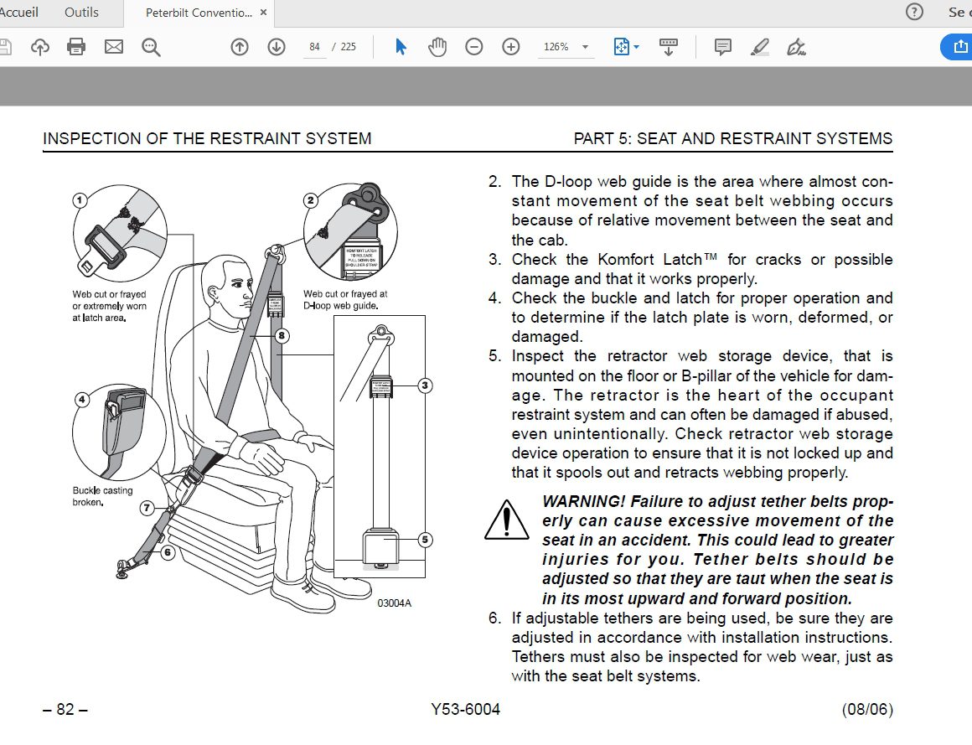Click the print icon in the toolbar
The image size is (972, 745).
pos(76,47)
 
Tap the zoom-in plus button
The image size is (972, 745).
pos(511,47)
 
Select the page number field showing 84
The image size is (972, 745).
pos(314,47)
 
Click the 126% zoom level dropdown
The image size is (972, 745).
pos(565,47)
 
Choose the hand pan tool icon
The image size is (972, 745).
pos(437,47)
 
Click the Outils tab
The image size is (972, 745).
pos(80,12)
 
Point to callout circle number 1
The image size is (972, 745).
pos(80,200)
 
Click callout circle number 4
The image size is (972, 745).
pos(82,400)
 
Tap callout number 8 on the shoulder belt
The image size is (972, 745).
pos(282,336)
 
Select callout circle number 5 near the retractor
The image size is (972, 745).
pos(425,540)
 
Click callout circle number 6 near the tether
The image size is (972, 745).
pos(167,552)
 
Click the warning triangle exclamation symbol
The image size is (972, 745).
pos(506,519)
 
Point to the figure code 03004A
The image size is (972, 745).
pos(394,603)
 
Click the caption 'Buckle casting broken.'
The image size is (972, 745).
pos(102,496)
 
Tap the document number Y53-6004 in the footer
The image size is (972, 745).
pos(466,710)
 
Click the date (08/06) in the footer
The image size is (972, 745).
pos(867,710)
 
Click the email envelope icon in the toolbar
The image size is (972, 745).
pos(114,47)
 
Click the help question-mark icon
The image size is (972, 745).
pos(914,12)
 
